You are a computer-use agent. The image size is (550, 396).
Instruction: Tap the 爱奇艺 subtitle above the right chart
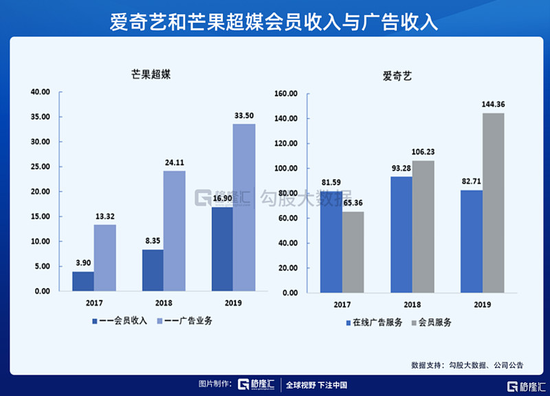coord(397,76)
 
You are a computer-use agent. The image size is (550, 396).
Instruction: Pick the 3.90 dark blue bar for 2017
coord(82,280)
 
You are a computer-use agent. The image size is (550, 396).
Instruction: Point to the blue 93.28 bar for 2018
coord(401,234)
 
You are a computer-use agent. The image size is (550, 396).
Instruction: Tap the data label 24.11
coord(174,163)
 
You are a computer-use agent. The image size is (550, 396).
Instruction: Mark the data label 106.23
coord(423,152)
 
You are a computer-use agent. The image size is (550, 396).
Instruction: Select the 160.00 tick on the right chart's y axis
coord(285,93)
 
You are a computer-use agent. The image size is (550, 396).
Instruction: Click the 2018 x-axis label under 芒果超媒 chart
coord(163,302)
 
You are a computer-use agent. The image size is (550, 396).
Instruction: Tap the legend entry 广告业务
coord(187,320)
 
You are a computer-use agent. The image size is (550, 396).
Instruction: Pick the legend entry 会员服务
coord(434,322)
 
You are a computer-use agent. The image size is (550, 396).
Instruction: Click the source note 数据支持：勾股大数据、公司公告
coord(467,365)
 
